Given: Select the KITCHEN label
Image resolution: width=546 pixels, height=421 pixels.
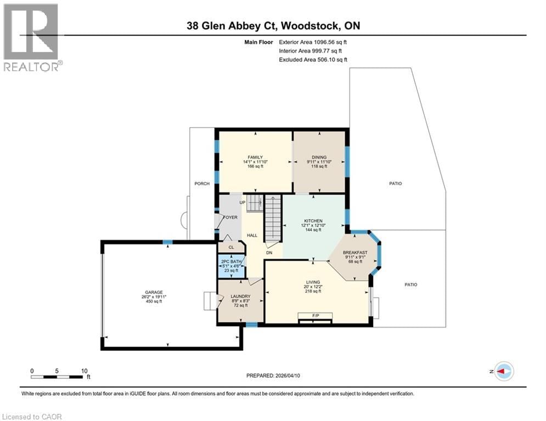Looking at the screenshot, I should click(313, 220).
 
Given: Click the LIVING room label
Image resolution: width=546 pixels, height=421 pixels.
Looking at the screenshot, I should click(313, 282).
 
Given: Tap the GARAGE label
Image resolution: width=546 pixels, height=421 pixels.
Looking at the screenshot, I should click(153, 292).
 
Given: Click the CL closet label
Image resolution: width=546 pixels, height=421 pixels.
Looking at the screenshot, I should click(230, 247).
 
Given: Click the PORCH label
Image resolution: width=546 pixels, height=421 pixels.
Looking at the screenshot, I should click(202, 184).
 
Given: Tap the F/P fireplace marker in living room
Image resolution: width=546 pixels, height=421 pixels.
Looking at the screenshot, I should click(315, 316).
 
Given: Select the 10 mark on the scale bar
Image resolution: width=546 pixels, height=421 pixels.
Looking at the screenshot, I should click(84, 371).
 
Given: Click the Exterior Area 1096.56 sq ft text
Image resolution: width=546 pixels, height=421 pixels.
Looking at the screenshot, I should click(313, 42).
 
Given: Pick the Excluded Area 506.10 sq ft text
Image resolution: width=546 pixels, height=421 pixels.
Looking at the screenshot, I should click(313, 60).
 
